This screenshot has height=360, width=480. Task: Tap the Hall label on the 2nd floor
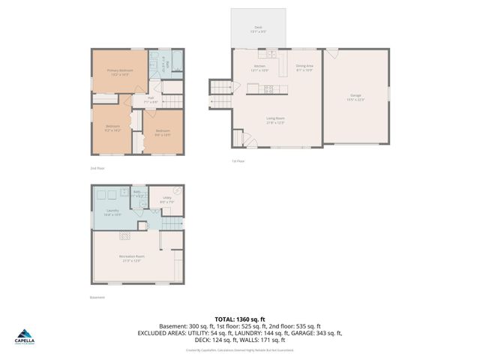(x=150, y=97)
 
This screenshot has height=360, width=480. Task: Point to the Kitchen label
(x=259, y=67)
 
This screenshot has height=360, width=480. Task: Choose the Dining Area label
(x=304, y=67)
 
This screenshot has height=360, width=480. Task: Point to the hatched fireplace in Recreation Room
(x=123, y=235)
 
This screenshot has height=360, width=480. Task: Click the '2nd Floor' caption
(x=97, y=169)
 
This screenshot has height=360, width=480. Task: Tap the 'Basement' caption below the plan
(x=97, y=297)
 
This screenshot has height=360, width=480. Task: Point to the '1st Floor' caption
(x=238, y=160)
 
